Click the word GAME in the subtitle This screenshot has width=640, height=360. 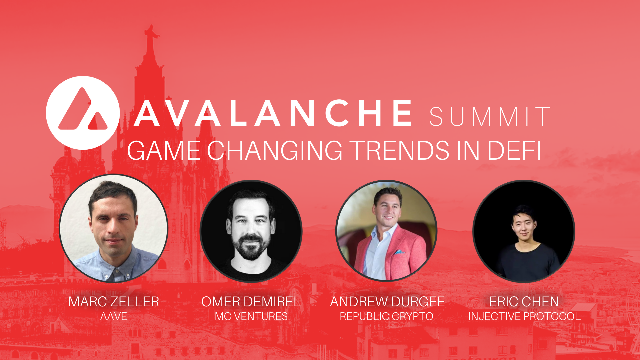163,151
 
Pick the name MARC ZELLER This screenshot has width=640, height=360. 114,302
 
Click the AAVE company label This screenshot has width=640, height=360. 114,316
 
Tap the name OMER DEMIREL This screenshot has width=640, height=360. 251,302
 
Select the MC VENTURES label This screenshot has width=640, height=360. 251,316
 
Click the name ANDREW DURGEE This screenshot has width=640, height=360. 387,302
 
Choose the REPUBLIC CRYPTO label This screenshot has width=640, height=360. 386,316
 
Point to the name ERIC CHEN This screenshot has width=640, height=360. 524,302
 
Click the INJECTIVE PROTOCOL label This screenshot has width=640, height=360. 524,316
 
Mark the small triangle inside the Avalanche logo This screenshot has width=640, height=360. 98,122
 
